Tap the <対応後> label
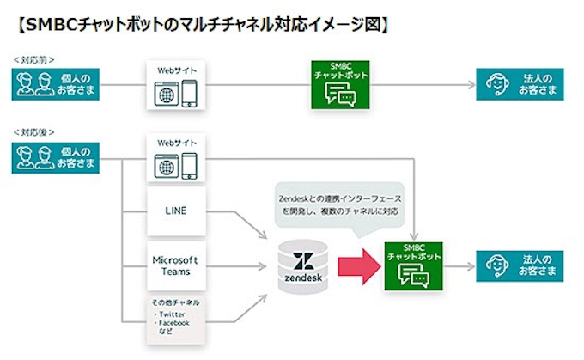coord(33,132)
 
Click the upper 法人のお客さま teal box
coord(520,85)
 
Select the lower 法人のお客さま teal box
coord(520,265)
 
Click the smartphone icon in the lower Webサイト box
coord(190,165)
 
